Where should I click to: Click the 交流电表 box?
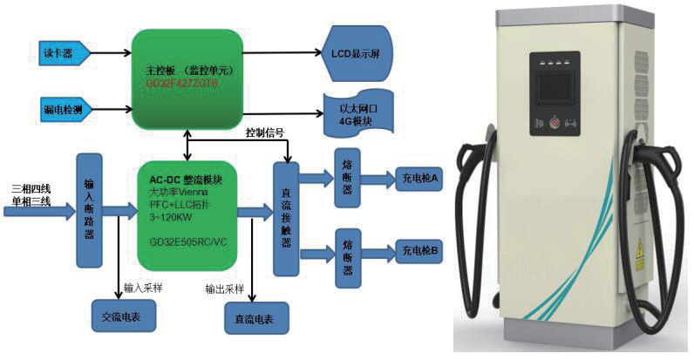tap(122, 315)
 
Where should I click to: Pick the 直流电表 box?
tap(254, 318)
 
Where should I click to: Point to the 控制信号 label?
tap(264, 132)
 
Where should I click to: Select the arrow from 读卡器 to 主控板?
tap(112, 54)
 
